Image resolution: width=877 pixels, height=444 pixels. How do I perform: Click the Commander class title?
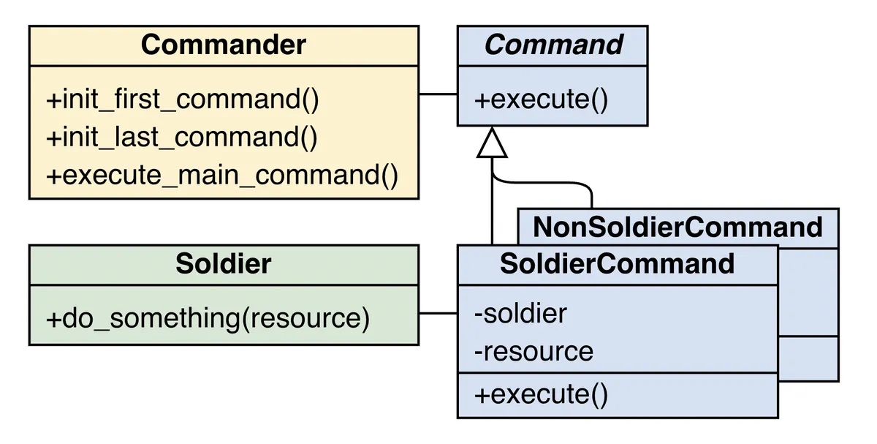tap(223, 45)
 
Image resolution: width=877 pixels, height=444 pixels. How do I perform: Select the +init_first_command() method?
tap(183, 99)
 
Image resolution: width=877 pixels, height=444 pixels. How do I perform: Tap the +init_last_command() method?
tap(182, 138)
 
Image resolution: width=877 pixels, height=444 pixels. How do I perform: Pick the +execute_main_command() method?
tap(222, 176)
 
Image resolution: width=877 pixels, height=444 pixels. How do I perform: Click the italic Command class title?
tap(553, 45)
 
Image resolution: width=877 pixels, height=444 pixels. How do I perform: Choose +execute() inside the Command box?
tap(541, 99)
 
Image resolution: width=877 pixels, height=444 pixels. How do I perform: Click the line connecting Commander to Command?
tap(438, 94)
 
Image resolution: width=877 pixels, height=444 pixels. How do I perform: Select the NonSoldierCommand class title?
tap(677, 227)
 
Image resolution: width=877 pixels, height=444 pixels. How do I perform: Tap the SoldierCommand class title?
tap(617, 264)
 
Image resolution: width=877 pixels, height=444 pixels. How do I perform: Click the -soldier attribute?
tap(520, 313)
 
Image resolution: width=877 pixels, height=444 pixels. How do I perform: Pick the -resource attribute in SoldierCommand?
tap(534, 352)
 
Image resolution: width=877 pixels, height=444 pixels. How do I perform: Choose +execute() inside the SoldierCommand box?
tap(541, 395)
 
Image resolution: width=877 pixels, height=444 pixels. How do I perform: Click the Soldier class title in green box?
tap(223, 264)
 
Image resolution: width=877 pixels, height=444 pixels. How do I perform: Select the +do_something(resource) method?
tap(208, 319)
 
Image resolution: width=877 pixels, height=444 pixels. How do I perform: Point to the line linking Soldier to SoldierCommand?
tap(438, 314)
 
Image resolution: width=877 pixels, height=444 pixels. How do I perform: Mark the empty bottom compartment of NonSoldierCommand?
tap(808, 358)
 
